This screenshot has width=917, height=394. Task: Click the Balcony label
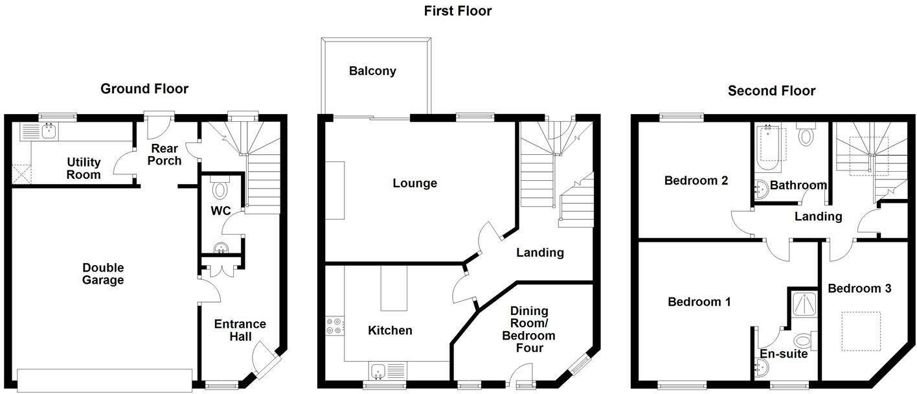click(372, 71)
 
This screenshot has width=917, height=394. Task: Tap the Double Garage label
click(103, 274)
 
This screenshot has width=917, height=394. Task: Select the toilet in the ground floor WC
click(221, 189)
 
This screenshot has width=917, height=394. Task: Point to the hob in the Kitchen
click(335, 325)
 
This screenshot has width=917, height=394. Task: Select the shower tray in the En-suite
click(803, 305)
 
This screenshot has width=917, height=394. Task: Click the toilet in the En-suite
click(804, 341)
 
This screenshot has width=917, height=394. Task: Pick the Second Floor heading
click(771, 91)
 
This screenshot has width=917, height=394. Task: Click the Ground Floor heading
click(144, 89)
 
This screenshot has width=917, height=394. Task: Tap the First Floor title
click(458, 11)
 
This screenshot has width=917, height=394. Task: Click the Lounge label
click(415, 183)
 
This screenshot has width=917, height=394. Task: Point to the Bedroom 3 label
click(859, 288)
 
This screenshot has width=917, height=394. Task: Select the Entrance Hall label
click(240, 330)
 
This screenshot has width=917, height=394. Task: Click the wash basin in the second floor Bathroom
click(762, 189)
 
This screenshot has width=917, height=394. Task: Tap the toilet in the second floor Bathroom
click(806, 135)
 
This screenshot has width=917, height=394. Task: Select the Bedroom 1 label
click(699, 302)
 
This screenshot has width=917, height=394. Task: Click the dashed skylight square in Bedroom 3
click(861, 331)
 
